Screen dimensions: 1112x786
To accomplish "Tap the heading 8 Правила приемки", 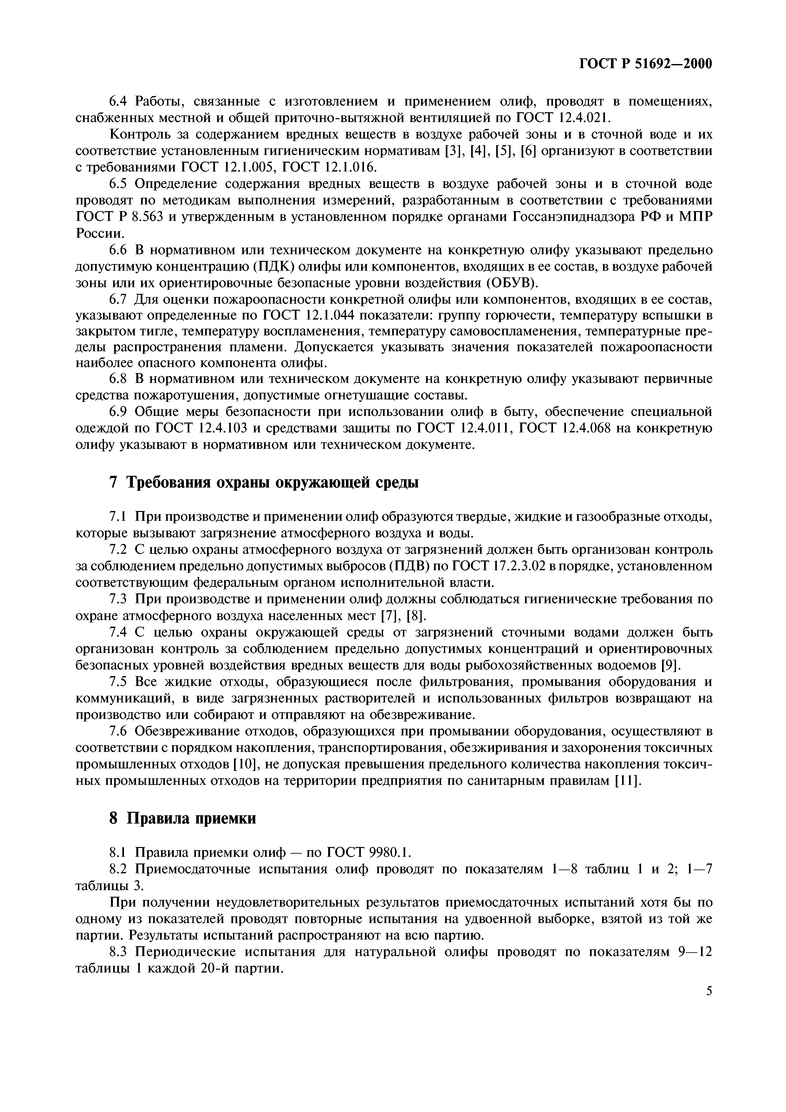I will pos(183,818).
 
